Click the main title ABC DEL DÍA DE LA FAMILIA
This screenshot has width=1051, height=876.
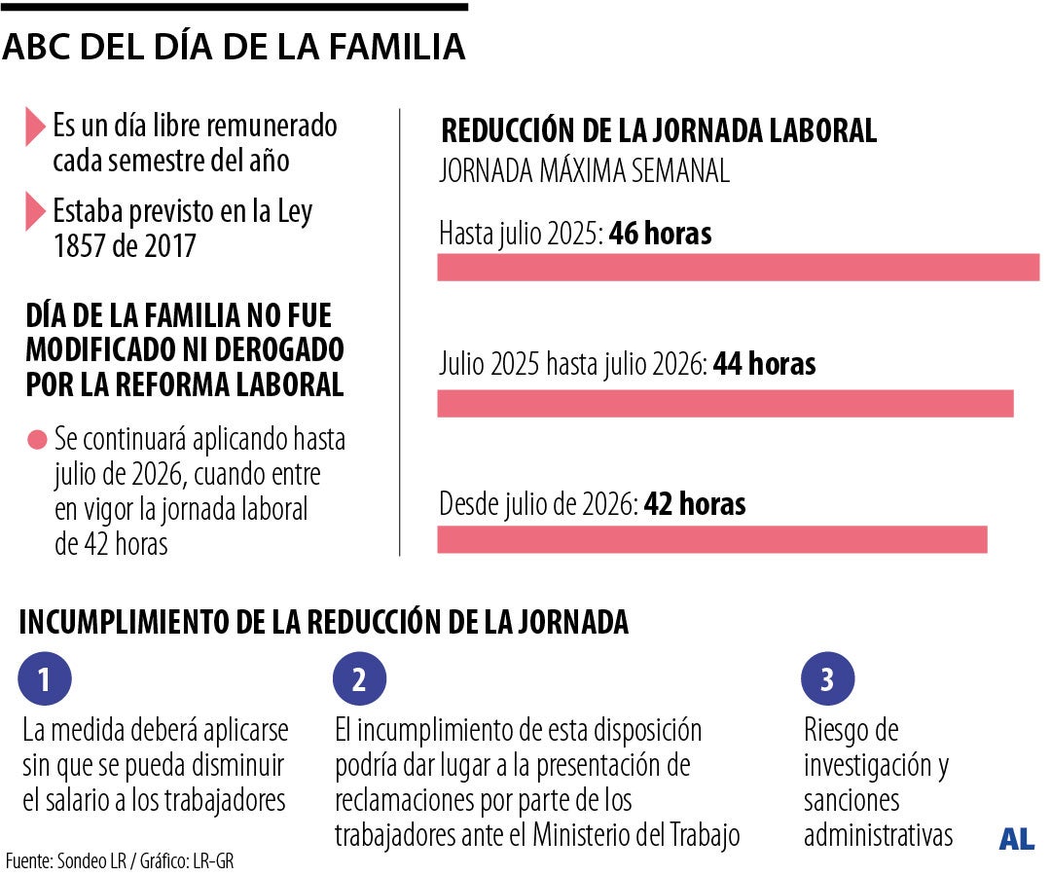click(x=234, y=47)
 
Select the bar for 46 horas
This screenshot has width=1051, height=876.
click(x=738, y=268)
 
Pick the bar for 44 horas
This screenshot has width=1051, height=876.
click(x=725, y=403)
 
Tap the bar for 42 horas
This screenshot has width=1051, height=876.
click(x=711, y=539)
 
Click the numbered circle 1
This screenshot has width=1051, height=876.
click(x=45, y=679)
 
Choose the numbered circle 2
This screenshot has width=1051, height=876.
click(x=359, y=679)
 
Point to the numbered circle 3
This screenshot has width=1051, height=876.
click(x=827, y=679)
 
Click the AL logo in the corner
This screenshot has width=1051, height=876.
click(x=1016, y=839)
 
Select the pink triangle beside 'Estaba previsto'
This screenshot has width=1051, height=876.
click(x=36, y=211)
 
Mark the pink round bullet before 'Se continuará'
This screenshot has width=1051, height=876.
click(x=37, y=440)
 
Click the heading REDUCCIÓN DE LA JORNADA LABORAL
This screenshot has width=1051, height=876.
click(x=659, y=131)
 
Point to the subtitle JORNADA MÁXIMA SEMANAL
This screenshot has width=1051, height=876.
click(x=584, y=172)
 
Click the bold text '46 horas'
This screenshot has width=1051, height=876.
click(x=660, y=235)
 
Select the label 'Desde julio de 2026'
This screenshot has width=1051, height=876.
click(x=537, y=504)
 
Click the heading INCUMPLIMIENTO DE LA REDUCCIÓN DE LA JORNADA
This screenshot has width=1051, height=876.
click(x=323, y=622)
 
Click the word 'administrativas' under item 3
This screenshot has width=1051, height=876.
click(x=878, y=835)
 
